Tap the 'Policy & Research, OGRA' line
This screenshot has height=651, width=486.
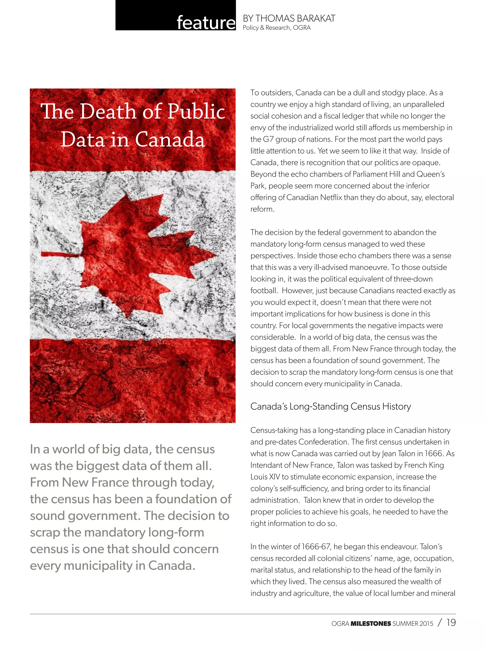point(276,28)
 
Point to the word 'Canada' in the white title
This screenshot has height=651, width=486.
point(170,139)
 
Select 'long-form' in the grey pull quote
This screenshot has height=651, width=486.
point(176,532)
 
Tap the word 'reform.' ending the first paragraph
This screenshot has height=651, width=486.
point(262,209)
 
